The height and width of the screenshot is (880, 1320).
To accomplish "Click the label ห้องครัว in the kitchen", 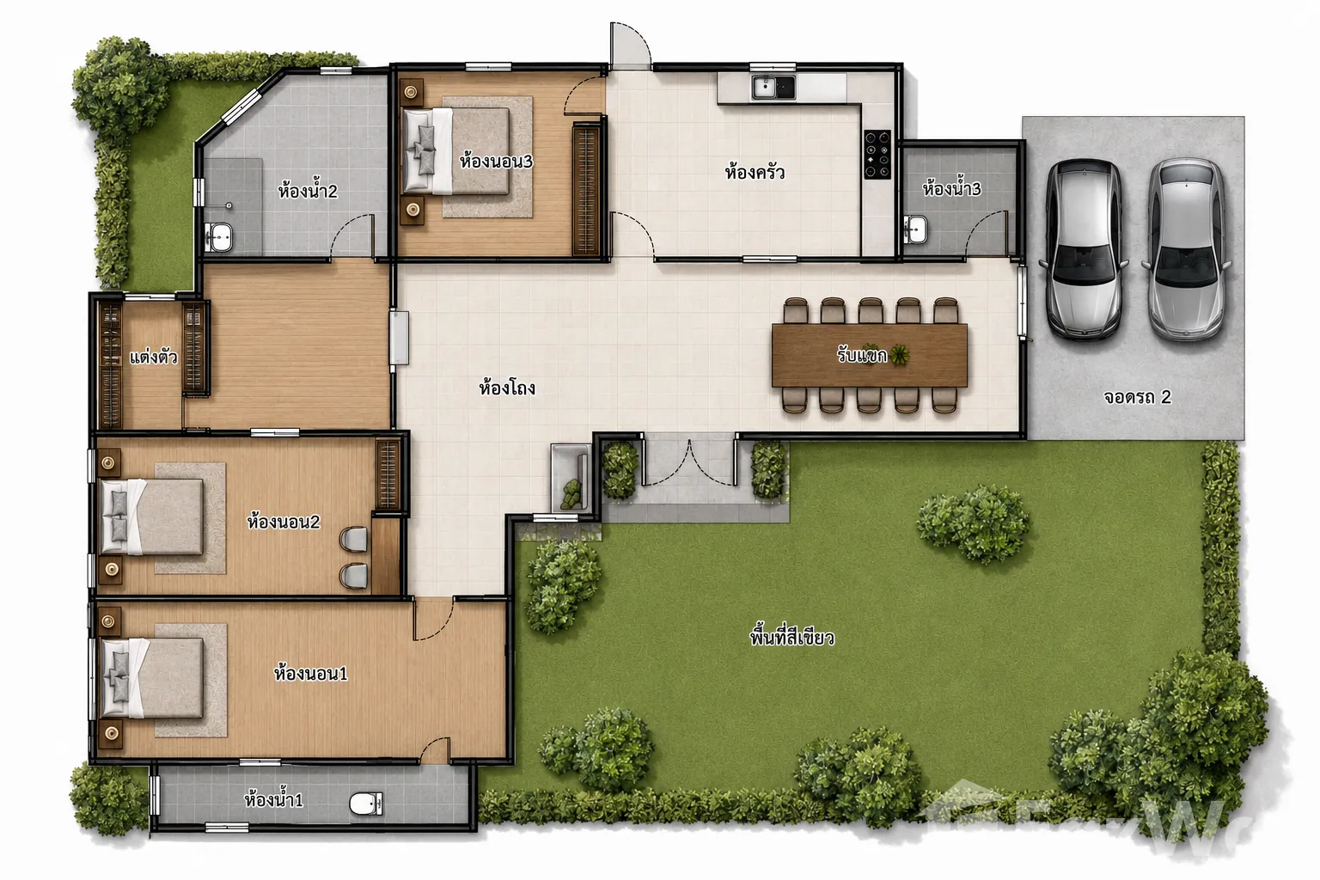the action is [755, 172].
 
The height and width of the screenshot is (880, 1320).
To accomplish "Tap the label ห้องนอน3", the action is [496, 161].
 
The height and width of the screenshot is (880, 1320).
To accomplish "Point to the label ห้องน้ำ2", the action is [308, 191].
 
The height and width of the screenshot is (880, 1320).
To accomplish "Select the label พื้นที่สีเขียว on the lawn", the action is [792, 637].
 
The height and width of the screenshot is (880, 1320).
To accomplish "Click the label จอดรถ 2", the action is [1137, 397].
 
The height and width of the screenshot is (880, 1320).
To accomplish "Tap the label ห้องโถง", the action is [507, 388].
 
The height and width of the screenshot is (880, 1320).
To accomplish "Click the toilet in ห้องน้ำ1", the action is [366, 803].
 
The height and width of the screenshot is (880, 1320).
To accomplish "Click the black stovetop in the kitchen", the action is [877, 154].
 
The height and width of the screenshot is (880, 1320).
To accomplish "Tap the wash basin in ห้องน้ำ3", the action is [915, 229].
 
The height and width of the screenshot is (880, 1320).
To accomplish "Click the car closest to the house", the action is [1084, 249].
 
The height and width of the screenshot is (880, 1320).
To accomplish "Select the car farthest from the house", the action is [1186, 248].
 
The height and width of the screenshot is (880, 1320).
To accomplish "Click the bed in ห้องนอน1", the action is [152, 678].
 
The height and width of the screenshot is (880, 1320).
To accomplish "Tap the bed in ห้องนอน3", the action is [455, 151].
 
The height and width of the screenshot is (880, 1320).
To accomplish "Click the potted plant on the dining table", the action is [900, 356].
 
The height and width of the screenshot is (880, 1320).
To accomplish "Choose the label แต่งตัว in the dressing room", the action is [153, 357].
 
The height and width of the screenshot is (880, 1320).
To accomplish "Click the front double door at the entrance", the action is [689, 462].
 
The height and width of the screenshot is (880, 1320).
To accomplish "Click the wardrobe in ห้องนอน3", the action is [586, 190].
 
